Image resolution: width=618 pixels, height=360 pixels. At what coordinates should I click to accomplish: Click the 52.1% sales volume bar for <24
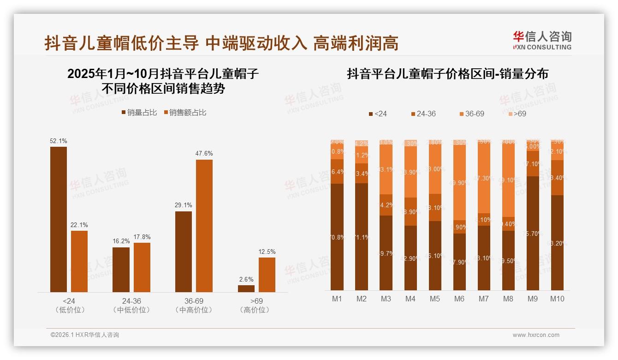click(59, 219)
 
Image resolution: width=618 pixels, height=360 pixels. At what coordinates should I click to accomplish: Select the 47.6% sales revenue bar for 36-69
click(204, 226)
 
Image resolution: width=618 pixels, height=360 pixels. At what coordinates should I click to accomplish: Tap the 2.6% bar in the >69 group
click(246, 288)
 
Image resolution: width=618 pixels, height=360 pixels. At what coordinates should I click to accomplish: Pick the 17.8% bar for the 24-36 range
click(142, 267)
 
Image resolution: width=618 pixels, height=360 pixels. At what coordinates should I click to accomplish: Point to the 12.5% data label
click(267, 252)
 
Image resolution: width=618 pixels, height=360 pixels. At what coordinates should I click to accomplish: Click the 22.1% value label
click(79, 225)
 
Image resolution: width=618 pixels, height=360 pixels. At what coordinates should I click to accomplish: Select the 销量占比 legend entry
click(139, 113)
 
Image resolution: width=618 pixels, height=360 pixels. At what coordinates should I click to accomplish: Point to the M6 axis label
click(459, 299)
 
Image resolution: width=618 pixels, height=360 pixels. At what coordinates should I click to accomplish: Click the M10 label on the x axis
click(557, 299)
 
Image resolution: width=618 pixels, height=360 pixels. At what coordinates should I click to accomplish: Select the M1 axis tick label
click(337, 299)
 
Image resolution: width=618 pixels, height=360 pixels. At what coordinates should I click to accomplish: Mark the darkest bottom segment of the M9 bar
click(533, 233)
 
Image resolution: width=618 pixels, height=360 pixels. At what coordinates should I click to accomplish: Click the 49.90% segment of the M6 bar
click(459, 183)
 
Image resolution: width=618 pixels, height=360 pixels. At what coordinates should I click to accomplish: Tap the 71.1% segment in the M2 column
click(362, 237)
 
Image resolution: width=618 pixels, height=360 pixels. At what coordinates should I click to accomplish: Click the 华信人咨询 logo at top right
click(542, 41)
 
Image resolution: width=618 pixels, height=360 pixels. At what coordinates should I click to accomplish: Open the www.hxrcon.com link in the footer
click(536, 335)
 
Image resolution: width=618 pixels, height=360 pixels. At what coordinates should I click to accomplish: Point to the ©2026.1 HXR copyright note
click(85, 335)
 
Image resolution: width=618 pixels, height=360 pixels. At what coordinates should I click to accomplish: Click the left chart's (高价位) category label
click(255, 310)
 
